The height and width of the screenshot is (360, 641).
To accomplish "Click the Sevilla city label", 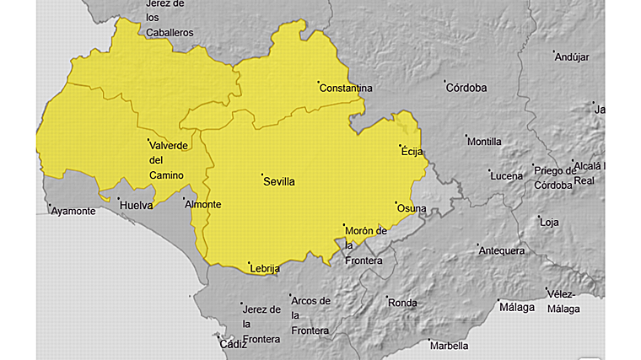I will coord(279,181).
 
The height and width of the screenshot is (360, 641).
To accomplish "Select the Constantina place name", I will coord(346,88).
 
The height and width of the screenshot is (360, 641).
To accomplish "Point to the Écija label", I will coord(411,152).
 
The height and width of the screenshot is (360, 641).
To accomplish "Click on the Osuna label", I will coord(412,208).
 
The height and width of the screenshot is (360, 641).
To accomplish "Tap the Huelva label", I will coord(136,205).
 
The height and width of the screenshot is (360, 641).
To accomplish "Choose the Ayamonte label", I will coord(73,211).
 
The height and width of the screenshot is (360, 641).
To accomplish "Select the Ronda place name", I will coord(402,302).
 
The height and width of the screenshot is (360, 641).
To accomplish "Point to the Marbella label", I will coord(448,346).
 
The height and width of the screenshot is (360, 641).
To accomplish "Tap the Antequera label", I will coord(502,250).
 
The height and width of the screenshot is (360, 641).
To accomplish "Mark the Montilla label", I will coord(484,142).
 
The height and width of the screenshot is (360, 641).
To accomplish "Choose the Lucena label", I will coord(506,175).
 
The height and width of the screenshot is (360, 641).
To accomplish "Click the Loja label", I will coord(549,223).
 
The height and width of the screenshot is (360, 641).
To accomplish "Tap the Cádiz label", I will coord(232,344).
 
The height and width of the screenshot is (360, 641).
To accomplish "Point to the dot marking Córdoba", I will coord(445,82).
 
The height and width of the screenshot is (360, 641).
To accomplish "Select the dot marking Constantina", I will coord(319,83).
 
